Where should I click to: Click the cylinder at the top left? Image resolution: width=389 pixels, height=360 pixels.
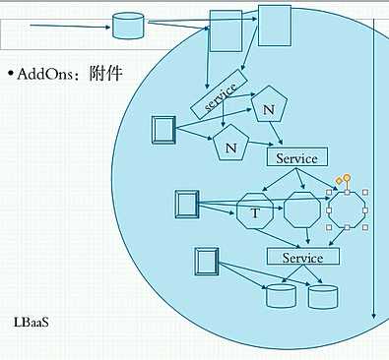[x=126, y=26]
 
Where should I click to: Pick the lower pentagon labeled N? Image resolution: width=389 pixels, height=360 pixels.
[x=230, y=148]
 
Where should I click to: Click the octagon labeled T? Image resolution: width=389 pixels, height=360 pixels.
[x=254, y=211]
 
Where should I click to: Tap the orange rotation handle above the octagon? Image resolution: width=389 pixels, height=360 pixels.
[x=346, y=177]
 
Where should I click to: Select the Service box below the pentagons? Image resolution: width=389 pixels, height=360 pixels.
[x=296, y=157]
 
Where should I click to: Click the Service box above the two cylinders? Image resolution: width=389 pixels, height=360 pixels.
[x=302, y=257]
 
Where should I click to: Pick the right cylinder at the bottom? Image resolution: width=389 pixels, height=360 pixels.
[x=322, y=294]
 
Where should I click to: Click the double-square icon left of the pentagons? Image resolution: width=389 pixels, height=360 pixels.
[x=163, y=129]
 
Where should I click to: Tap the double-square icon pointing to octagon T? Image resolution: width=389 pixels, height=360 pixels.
[x=185, y=206]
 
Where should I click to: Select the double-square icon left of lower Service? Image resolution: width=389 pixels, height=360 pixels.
[x=206, y=262]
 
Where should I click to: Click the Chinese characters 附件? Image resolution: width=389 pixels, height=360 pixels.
[x=104, y=74]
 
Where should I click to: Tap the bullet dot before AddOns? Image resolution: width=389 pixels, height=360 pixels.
[x=10, y=75]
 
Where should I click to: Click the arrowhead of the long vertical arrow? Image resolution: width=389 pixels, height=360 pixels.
[x=373, y=315]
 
